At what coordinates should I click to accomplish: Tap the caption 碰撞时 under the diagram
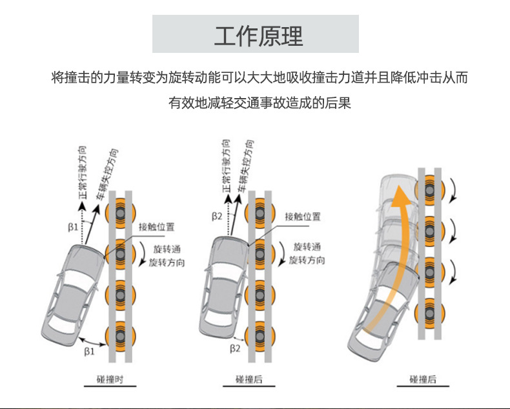(x=110, y=379)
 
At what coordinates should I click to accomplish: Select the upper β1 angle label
(x=73, y=227)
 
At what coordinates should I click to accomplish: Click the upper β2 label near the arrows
(x=217, y=215)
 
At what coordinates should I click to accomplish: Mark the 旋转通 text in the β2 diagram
(x=307, y=247)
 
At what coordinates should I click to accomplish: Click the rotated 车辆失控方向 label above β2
(x=245, y=165)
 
